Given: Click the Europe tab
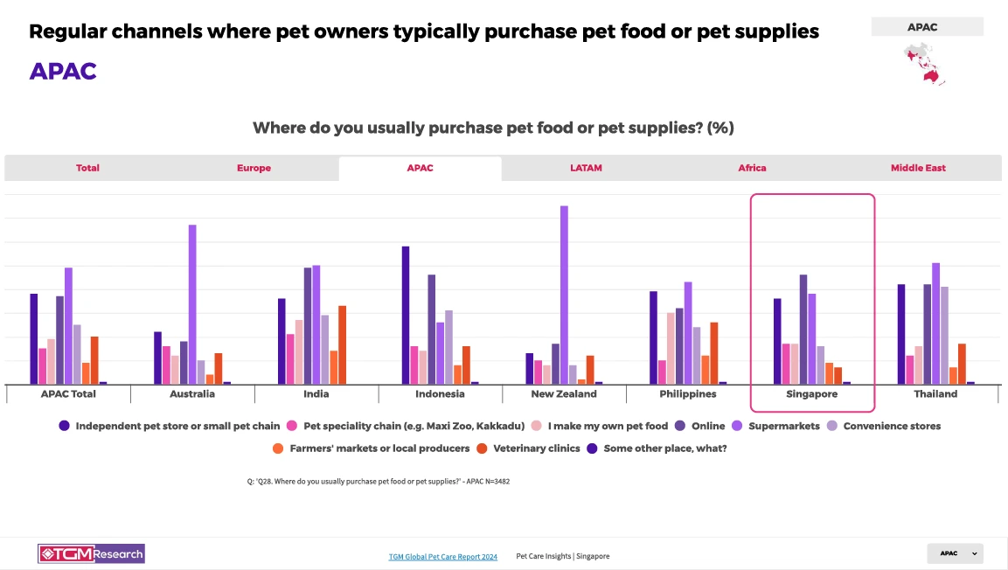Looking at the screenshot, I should coord(254,168).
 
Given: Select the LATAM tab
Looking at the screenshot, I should coord(586,168).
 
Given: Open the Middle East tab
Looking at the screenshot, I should coord(918,168).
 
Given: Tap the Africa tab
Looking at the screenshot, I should coord(752,168).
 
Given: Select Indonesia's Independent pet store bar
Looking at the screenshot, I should coord(406,315).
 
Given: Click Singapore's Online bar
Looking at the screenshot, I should coord(803,329).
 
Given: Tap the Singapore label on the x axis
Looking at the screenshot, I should coord(812,394).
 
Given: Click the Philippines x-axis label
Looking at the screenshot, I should coord(688,394).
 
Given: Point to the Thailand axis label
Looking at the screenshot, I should coord(935,394).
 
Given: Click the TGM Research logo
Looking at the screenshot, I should coord(91,553).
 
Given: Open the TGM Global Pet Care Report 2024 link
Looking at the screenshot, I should coord(442,557).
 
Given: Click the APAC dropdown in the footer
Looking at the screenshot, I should coord(955,553).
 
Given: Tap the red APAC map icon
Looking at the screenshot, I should coord(925,64).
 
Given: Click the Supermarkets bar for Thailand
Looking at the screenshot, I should coord(935,323).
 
